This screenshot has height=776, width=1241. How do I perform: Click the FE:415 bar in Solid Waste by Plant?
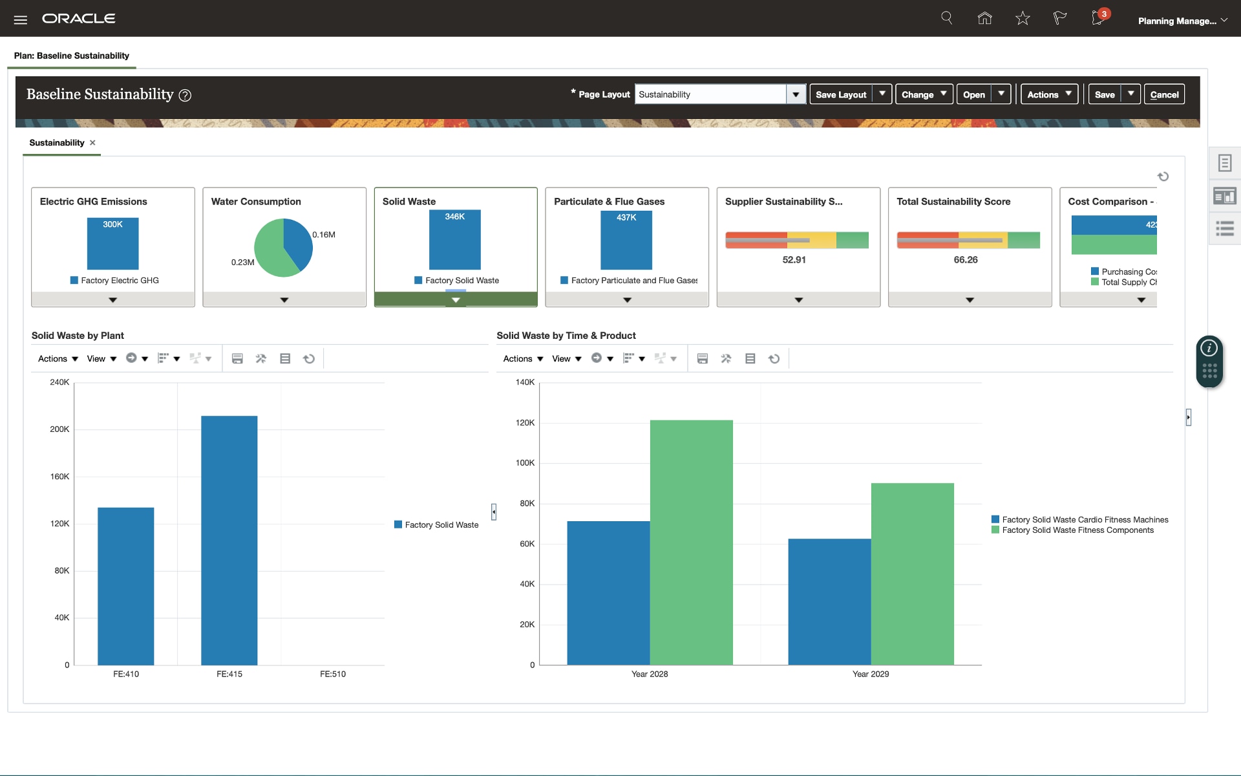[229, 540]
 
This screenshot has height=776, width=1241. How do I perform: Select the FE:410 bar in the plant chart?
[125, 586]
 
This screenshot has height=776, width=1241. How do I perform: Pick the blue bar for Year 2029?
[829, 601]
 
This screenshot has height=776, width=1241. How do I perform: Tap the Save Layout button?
[840, 94]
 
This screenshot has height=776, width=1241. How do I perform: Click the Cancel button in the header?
[1164, 94]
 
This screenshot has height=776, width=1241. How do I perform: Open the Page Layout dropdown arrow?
[796, 94]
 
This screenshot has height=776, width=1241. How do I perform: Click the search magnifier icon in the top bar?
[947, 18]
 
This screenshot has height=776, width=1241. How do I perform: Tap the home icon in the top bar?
[984, 18]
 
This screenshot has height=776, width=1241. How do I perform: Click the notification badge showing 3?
[1104, 14]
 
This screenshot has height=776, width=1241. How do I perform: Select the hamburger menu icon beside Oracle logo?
[21, 19]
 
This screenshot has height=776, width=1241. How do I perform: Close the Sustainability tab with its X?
[92, 143]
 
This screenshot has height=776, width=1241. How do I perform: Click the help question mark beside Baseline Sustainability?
[185, 96]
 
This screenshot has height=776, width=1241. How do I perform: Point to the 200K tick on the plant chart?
[59, 429]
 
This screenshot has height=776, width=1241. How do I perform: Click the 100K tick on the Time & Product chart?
[525, 463]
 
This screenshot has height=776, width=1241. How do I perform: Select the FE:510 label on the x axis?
[332, 674]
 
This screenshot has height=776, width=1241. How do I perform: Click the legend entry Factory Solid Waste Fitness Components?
[1077, 530]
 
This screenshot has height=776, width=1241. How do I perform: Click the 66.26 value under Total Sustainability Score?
[966, 260]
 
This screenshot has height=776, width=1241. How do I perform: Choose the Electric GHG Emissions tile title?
[94, 202]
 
